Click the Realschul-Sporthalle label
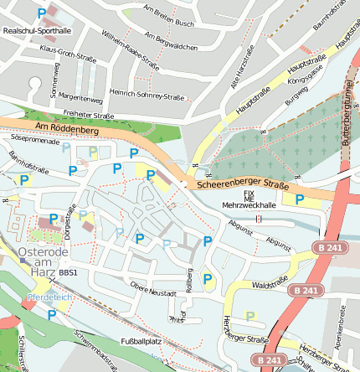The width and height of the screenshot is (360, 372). [38, 30]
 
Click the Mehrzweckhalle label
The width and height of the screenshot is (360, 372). [249, 204]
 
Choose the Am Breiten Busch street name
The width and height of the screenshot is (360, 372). [168, 16]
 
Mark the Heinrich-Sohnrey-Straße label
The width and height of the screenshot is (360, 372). [147, 96]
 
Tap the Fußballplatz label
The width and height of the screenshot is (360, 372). [141, 341]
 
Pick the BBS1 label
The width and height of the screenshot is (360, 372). [68, 273]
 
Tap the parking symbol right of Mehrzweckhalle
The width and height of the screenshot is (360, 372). [300, 199]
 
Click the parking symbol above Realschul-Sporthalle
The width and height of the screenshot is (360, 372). [42, 13]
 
